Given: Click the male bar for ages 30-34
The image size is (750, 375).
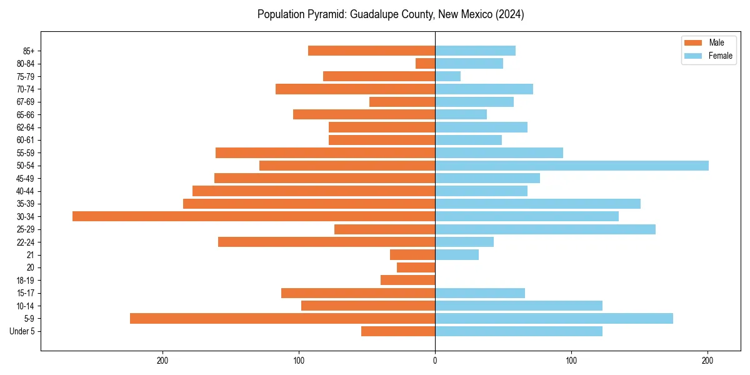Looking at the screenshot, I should click(254, 216).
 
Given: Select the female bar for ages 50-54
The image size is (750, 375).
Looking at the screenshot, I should click(572, 166).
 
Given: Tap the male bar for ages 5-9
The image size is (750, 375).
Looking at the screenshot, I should click(282, 318).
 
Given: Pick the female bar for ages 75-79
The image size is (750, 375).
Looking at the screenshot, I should click(448, 76).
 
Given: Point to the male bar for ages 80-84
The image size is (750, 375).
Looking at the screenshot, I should click(426, 63).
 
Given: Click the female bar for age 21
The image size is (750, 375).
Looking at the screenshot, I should click(457, 254).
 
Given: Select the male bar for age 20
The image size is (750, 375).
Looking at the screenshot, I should click(416, 267).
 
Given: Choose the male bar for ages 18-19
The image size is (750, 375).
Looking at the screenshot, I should click(408, 280).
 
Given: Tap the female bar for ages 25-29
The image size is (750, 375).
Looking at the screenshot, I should click(545, 229).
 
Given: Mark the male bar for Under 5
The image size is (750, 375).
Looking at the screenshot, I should click(398, 331).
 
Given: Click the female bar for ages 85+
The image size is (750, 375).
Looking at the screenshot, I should click(475, 51).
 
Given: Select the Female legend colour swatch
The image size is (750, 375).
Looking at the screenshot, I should click(694, 56).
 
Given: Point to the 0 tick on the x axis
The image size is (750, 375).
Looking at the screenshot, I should click(435, 360).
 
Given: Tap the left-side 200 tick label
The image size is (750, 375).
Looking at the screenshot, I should click(162, 360).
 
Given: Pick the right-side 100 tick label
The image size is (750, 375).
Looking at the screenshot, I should click(571, 360).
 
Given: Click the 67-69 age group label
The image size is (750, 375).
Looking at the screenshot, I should click(26, 102).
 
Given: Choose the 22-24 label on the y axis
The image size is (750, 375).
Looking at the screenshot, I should click(26, 242).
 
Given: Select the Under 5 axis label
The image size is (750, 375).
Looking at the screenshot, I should click(22, 331).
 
